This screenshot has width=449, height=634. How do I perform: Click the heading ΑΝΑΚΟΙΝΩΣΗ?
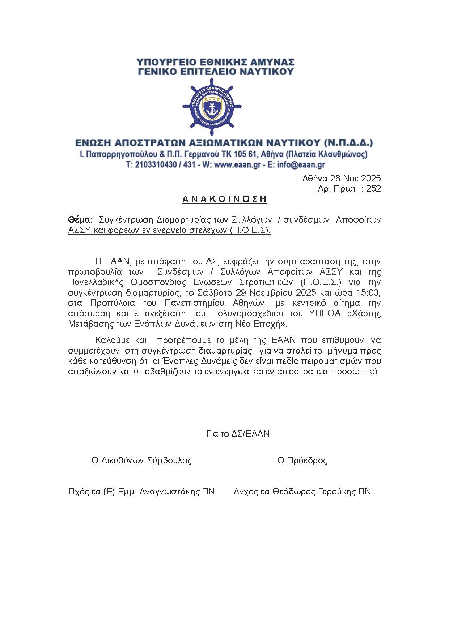224,199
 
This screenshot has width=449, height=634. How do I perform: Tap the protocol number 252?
373,188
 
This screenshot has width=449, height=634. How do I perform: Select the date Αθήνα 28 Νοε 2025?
341,178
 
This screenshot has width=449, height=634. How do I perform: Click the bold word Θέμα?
80,220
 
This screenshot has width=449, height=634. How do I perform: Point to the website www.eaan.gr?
237,165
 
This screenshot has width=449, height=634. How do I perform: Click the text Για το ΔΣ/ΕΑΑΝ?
238,433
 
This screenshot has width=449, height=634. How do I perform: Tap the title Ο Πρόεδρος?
302,460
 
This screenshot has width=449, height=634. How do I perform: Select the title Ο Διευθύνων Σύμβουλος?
141,460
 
